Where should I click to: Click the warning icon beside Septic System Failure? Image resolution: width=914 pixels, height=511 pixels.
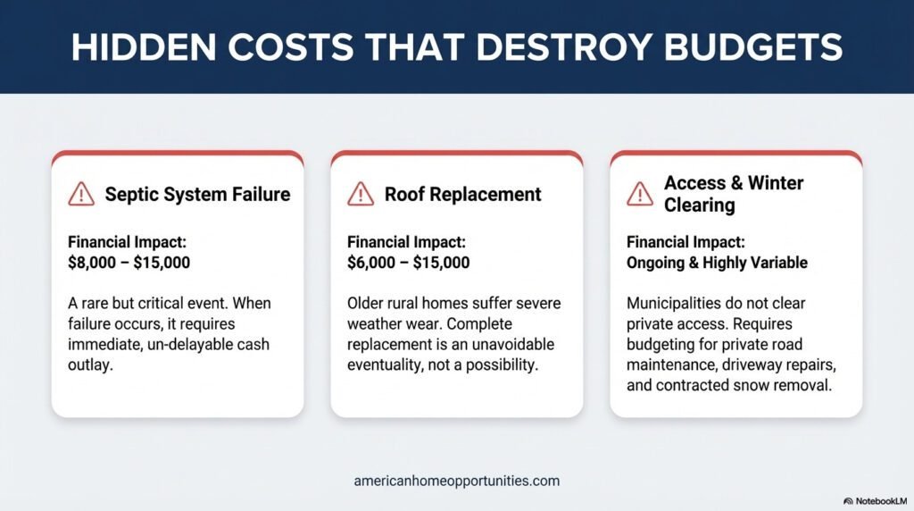(x=81, y=194)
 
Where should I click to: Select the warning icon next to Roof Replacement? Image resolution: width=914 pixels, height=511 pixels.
(x=361, y=194)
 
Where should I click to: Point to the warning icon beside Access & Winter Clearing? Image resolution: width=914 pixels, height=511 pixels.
(x=640, y=194)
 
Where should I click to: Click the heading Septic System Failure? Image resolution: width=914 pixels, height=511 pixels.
(x=197, y=194)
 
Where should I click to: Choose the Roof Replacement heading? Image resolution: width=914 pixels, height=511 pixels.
(x=462, y=194)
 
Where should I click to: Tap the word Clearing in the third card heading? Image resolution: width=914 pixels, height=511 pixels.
(x=699, y=205)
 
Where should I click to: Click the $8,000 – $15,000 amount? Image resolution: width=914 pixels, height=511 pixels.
(x=129, y=263)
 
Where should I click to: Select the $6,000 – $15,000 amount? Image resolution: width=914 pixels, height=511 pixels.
(x=409, y=263)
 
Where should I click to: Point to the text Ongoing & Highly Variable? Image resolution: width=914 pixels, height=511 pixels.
(x=717, y=263)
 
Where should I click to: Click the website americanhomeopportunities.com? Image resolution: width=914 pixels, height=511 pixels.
(x=456, y=481)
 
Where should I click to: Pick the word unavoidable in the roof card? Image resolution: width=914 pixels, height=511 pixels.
(x=511, y=345)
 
